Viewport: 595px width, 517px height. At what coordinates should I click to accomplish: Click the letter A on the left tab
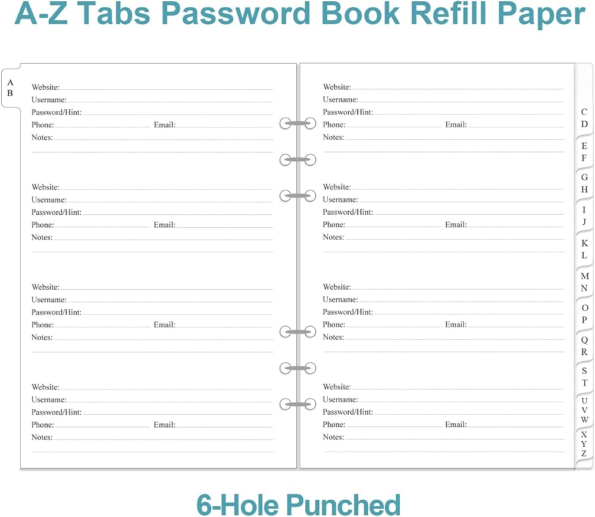pyautogui.click(x=10, y=83)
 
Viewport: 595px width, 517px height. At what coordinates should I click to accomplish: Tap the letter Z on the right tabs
pyautogui.click(x=584, y=454)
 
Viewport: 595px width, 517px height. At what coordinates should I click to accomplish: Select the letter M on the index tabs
pyautogui.click(x=585, y=276)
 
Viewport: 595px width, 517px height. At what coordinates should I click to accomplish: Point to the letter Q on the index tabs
pyautogui.click(x=584, y=340)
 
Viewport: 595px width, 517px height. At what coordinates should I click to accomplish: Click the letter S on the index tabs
pyautogui.click(x=584, y=371)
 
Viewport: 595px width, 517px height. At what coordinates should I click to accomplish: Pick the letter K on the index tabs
pyautogui.click(x=584, y=243)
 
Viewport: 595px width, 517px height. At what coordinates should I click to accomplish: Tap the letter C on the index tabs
pyautogui.click(x=584, y=112)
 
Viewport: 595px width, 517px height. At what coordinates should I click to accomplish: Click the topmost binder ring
pyautogui.click(x=298, y=124)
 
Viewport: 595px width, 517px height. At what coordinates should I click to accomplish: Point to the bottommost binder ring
pyautogui.click(x=298, y=405)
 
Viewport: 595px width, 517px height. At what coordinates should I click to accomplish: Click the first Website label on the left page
pyautogui.click(x=46, y=87)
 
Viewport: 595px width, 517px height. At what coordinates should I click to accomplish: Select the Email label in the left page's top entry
pyautogui.click(x=165, y=125)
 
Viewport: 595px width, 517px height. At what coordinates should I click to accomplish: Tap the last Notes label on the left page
pyautogui.click(x=42, y=437)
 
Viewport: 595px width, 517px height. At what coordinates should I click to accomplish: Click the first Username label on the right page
pyautogui.click(x=340, y=99)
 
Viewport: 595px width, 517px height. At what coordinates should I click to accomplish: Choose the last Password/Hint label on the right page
pyautogui.click(x=348, y=412)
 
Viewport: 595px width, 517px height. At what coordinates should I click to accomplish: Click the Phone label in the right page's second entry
pyautogui.click(x=334, y=224)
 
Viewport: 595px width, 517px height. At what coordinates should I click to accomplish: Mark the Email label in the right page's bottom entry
pyautogui.click(x=456, y=424)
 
